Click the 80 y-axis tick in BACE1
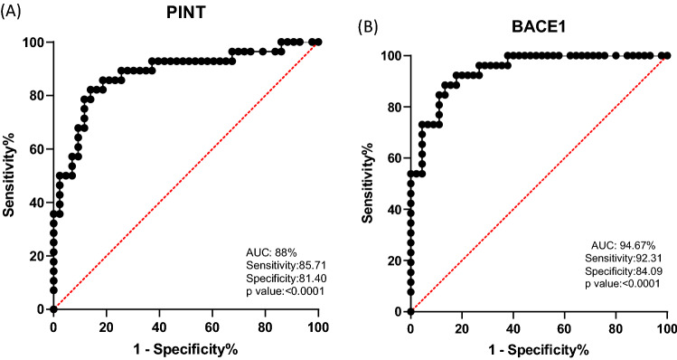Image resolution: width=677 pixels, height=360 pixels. point(391,107)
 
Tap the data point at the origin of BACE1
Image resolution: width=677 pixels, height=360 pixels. point(410,311)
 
